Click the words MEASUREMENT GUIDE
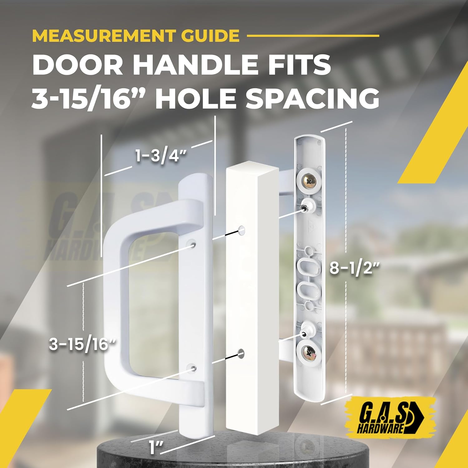(136, 36)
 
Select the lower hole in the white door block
(241, 353)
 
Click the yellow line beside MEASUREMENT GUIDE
(313, 36)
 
